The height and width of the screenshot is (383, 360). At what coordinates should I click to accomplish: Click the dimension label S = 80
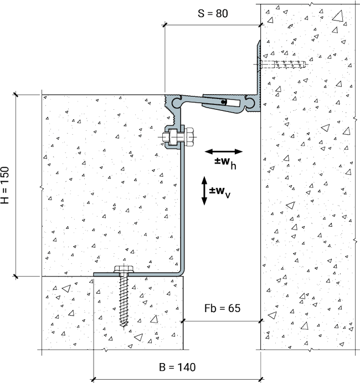click(213, 13)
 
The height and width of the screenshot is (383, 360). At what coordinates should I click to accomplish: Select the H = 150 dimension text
click(5, 185)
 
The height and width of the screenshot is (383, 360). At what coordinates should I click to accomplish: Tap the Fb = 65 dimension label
click(222, 308)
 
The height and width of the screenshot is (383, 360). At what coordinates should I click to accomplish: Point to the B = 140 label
click(177, 367)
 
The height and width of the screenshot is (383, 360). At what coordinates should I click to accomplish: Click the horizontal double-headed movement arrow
click(224, 152)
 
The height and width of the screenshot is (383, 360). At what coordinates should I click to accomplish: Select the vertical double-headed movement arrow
click(204, 191)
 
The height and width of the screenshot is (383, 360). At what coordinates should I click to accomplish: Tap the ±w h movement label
click(225, 163)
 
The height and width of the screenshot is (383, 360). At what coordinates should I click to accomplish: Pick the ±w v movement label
click(220, 192)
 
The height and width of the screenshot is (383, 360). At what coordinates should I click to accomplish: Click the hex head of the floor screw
click(124, 269)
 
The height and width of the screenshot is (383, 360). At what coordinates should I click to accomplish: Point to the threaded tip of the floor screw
click(124, 324)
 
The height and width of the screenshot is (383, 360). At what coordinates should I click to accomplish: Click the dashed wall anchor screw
click(283, 64)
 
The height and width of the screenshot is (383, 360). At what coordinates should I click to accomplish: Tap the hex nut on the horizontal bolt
click(189, 137)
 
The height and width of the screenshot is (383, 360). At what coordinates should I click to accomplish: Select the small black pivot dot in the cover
click(223, 102)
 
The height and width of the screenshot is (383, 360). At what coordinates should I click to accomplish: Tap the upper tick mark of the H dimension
click(16, 95)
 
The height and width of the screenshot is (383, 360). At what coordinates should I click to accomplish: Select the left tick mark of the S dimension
click(165, 25)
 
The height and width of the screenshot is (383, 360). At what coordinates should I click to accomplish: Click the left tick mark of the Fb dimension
click(183, 321)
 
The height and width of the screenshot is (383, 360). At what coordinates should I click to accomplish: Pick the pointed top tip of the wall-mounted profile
click(259, 41)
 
